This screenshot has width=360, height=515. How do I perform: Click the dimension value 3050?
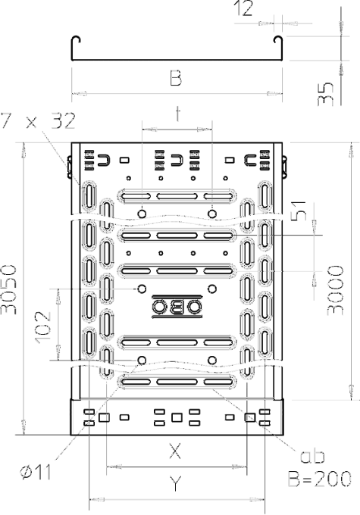tap(8, 289)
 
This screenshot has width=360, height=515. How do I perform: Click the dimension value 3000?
tap(336, 290)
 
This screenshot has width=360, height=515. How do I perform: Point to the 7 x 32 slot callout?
tap(38, 121)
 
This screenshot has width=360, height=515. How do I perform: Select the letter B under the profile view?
tap(176, 79)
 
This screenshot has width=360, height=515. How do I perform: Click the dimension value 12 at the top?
tap(243, 9)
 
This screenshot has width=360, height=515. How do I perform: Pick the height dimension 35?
tap(325, 94)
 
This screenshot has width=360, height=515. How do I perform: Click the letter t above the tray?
tap(178, 114)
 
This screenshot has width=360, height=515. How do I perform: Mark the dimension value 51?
tap(299, 211)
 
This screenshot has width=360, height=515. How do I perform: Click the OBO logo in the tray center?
tap(177, 307)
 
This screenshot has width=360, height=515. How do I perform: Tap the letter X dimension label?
tap(175, 451)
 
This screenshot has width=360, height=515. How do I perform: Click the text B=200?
tap(320, 479)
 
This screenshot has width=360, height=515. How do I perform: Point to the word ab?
tap(312, 455)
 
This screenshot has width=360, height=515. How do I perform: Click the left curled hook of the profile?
tap(76, 39)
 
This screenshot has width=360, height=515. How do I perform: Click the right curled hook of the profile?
tap(278, 39)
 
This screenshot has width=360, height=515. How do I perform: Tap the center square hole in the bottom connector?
tap(177, 417)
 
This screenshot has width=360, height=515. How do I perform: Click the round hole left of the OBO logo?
tap(142, 289)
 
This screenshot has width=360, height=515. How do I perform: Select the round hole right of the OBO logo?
tap(212, 289)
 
